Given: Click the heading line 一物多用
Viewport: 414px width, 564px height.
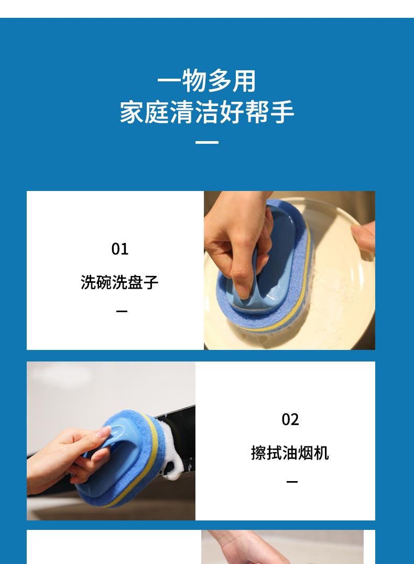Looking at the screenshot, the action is point(206,81).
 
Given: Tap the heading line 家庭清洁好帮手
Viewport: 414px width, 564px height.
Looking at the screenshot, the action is point(207,112).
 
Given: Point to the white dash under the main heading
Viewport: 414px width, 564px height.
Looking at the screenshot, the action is point(207,142).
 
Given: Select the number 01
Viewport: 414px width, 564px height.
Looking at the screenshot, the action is point(119,249).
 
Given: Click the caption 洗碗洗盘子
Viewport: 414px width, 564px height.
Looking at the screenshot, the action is point(119,282).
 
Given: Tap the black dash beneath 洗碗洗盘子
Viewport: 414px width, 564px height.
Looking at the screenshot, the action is point(122,311).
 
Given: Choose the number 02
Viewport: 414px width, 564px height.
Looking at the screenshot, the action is point(290,419).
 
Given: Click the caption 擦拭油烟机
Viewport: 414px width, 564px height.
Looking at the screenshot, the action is point(290,452).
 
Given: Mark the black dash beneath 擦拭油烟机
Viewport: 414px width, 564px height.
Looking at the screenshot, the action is point(292,482).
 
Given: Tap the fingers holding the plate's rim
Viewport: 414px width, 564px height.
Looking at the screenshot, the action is point(364,236).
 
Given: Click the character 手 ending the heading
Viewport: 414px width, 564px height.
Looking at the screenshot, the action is point(282,112).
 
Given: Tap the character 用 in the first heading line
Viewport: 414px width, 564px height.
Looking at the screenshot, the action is point(244,81).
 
